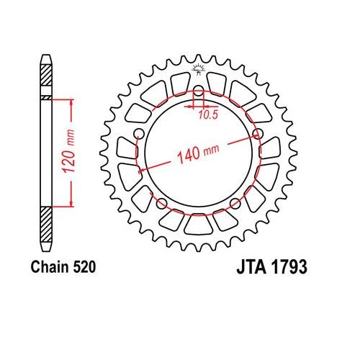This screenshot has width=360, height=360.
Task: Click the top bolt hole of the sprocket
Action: click(x=198, y=91)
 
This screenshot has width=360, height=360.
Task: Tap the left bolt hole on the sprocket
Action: click(x=138, y=132)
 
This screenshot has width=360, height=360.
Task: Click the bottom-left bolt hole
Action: click(x=161, y=204)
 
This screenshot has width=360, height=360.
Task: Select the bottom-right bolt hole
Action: click(x=235, y=204)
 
